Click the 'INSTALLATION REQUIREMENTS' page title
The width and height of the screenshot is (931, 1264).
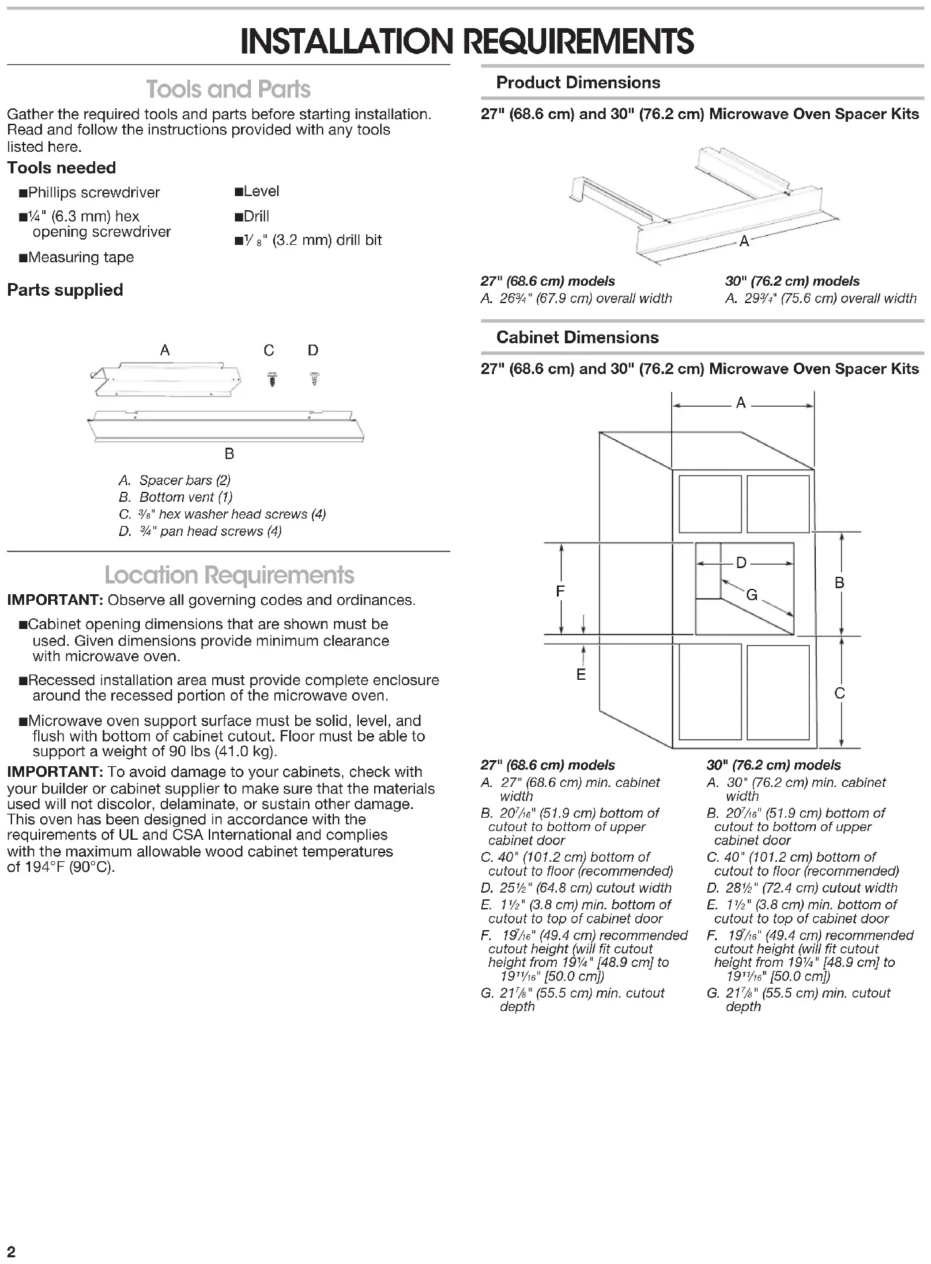tap(467, 41)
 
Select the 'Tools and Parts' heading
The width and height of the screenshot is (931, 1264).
tap(228, 90)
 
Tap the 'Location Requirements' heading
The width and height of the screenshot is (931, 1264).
tap(229, 575)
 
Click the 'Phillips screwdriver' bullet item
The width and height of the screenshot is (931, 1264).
tap(94, 193)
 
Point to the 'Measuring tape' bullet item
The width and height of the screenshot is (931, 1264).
tap(80, 258)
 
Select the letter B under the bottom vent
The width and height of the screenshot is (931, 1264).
tap(229, 454)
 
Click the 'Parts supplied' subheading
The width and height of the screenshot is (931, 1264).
tap(65, 290)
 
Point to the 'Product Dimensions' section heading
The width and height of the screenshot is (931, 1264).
tap(578, 83)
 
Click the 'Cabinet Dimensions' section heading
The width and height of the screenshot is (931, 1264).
tap(577, 337)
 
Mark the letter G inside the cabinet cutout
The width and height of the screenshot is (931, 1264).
tap(752, 595)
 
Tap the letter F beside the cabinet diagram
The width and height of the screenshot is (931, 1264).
tap(560, 591)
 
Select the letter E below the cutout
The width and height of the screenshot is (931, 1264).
tap(581, 674)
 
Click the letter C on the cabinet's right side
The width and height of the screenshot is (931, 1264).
tap(840, 693)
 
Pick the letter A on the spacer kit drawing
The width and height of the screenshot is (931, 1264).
tap(744, 242)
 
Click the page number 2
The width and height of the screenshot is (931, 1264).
tap(11, 1251)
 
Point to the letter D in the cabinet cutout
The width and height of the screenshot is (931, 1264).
tap(741, 563)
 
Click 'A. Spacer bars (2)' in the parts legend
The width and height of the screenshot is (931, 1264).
tap(175, 480)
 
